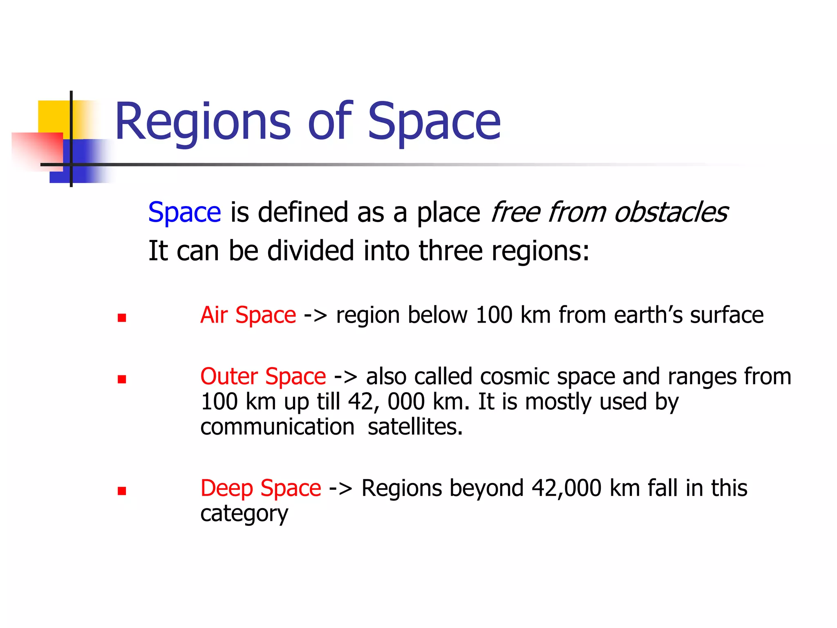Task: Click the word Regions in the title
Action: tap(203, 121)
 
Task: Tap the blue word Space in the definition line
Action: tap(184, 213)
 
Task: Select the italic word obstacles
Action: tap(671, 213)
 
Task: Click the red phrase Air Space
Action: tap(248, 315)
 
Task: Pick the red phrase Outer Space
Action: tap(263, 377)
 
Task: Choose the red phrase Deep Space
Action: tap(261, 488)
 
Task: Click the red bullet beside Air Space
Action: tap(122, 318)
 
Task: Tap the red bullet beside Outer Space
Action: tap(122, 379)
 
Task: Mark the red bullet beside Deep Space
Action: tap(122, 491)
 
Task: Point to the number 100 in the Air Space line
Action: tap(494, 315)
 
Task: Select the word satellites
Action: tap(415, 427)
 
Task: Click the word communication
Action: tap(278, 427)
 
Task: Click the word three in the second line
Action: tap(451, 251)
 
